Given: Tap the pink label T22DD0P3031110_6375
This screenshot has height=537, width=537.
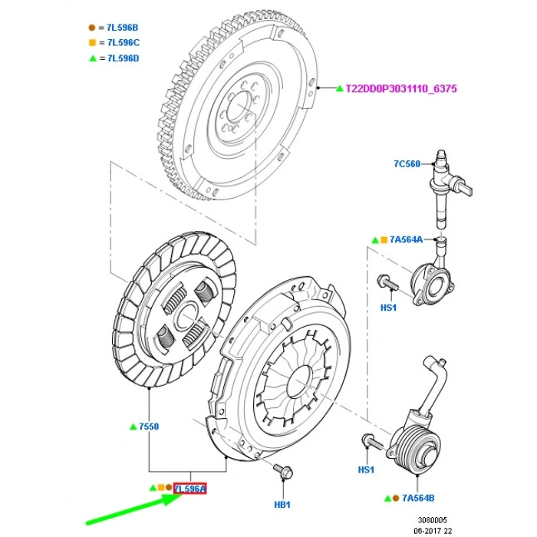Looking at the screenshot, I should point(403,89).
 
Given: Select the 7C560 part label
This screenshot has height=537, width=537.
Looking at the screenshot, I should point(407,163).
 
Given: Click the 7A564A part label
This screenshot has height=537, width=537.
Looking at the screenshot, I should point(407,239).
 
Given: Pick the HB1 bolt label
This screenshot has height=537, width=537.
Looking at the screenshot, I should point(283,505).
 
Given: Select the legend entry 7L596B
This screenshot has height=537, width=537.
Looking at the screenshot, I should point(123,28).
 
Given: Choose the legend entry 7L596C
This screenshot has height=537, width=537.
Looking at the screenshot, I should point(123,43).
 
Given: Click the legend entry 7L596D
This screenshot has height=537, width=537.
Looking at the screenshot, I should point(123,58).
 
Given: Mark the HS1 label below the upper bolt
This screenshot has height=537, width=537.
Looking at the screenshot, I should point(388,308).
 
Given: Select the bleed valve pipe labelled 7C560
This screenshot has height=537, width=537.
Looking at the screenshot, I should point(444,188).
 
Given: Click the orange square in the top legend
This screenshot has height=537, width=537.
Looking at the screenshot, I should point(92,43).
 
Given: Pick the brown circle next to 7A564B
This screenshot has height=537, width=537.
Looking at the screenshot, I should point(395,498).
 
